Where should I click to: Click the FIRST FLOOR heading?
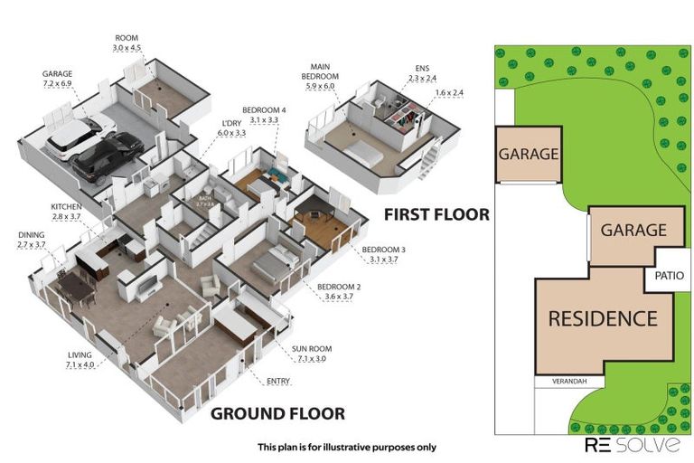436,215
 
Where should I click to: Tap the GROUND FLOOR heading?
277,413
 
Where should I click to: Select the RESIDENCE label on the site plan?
602,318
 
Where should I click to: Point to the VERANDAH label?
559,381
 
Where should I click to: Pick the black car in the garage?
107,156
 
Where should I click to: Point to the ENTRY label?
278,381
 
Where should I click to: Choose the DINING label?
31,235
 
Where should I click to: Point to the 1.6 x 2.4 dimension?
449,92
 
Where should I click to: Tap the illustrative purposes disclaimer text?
346,447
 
